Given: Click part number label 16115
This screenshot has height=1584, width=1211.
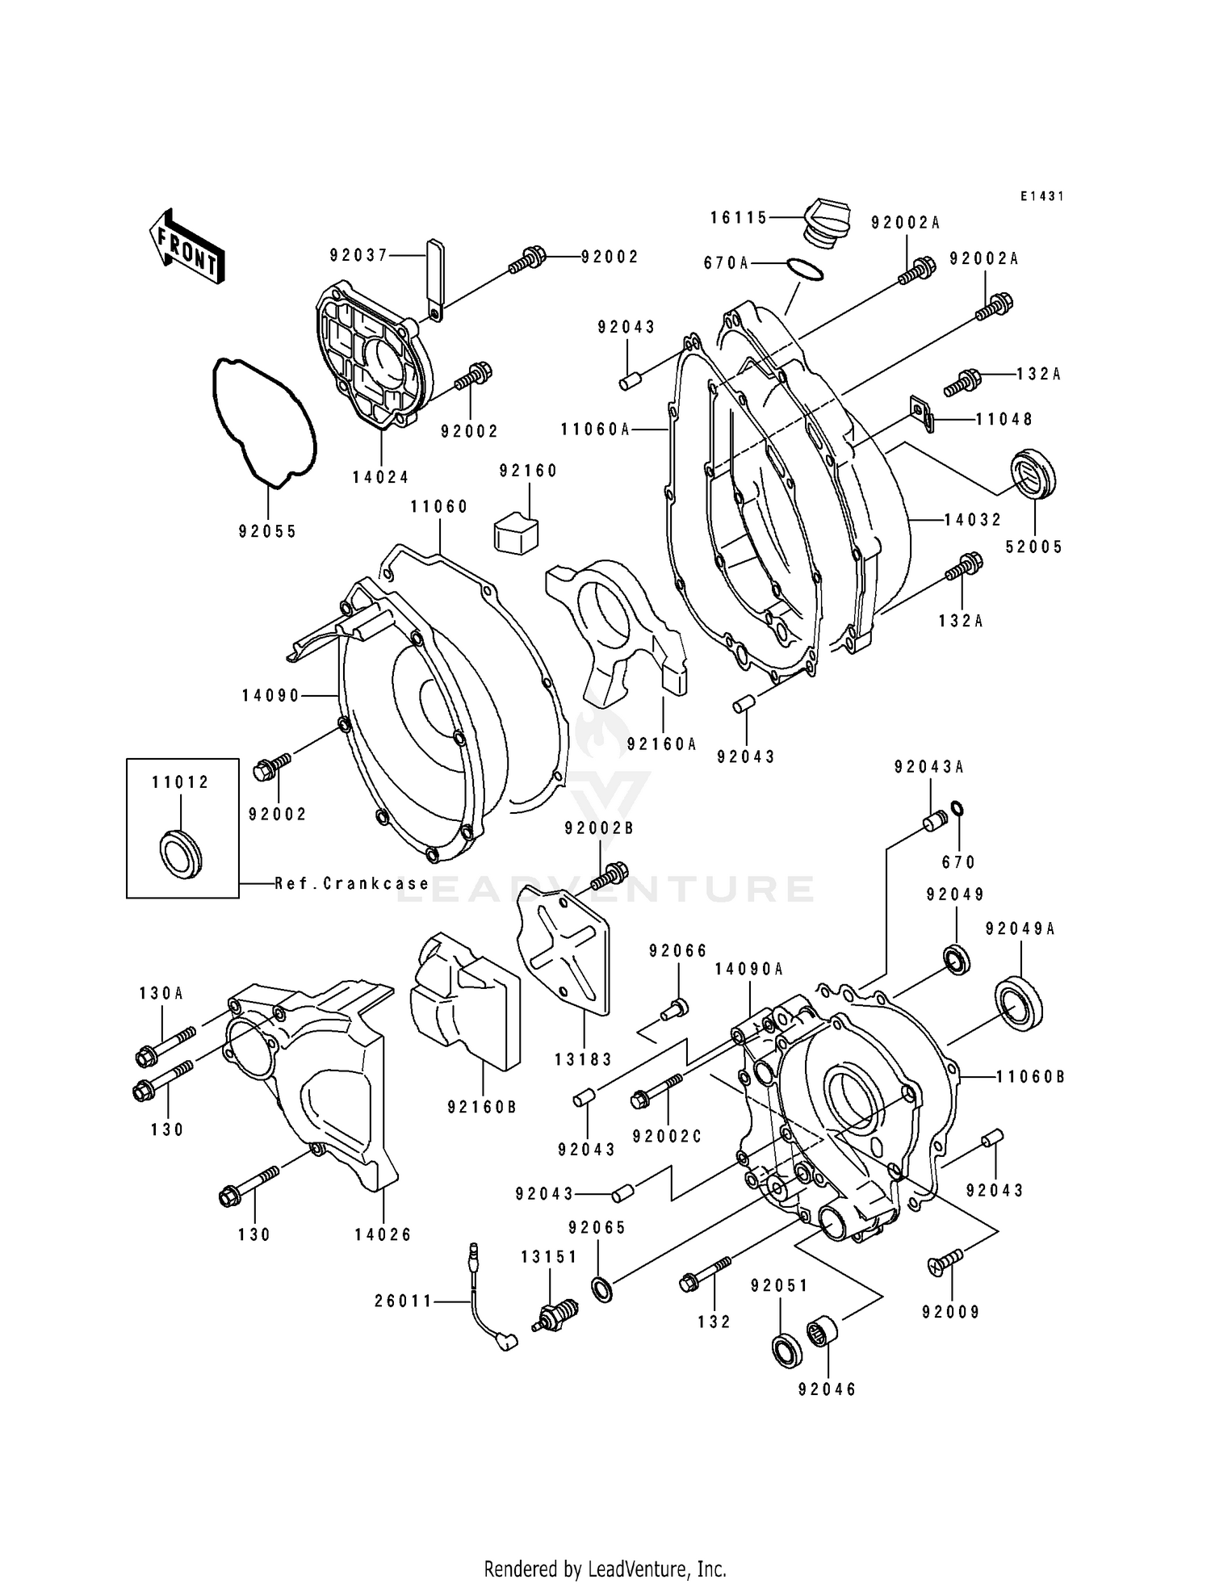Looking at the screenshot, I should coord(739,217).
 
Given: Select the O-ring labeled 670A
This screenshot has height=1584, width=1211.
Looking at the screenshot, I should coord(804,270).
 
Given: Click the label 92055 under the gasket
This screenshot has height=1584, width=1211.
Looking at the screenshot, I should coord(267,531).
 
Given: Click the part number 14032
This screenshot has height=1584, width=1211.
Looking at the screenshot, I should coord(973,520).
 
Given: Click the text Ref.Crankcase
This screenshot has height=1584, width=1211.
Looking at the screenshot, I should coord(351,883).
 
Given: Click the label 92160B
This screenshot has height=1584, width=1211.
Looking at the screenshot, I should coord(482,1107).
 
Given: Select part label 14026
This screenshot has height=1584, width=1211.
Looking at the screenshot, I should coord(383,1234).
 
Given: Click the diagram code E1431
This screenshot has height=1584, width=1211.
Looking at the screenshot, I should coord(1041,196).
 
